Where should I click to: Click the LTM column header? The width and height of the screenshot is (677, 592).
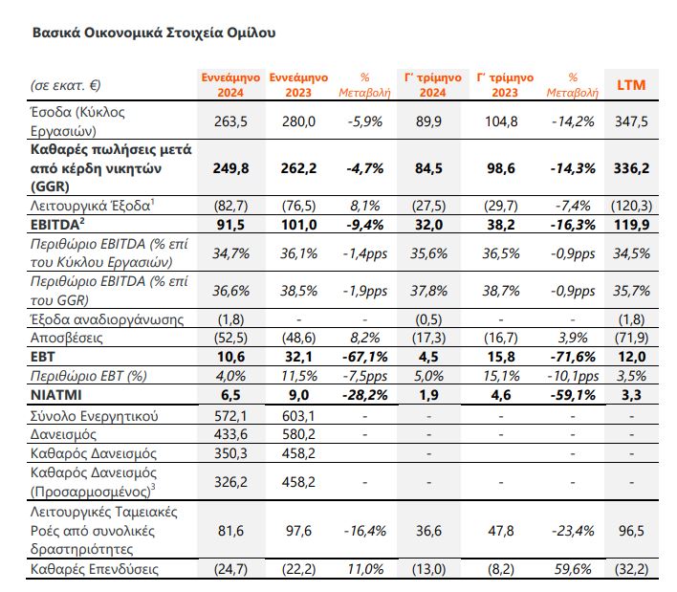coord(631,85)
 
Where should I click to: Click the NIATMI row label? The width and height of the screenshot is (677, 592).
coord(56,395)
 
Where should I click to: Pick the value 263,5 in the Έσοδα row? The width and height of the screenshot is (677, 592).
coord(230,121)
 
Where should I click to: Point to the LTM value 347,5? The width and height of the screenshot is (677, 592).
coord(631,121)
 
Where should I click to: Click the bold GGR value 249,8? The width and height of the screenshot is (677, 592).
coord(230,168)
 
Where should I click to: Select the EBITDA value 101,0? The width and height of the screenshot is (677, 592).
coord(298,225)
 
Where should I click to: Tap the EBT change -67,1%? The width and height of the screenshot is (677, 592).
coord(365,357)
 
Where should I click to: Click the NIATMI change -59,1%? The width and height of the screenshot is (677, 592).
coord(573,395)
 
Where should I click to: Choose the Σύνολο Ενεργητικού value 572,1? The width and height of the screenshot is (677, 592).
coord(230,416)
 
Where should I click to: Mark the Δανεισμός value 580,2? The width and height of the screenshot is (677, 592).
coord(298,434)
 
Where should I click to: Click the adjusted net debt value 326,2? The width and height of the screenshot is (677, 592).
coord(230,481)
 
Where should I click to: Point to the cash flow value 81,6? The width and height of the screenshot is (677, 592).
coord(230,530)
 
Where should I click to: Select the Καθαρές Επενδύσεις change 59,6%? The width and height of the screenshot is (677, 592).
coord(573,569)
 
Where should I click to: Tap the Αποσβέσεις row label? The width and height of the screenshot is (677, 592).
coord(67,338)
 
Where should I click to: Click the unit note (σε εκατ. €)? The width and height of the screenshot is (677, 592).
coord(66,85)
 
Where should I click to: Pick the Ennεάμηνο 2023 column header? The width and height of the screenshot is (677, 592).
coord(298,85)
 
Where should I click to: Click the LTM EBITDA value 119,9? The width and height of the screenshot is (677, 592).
coord(631,225)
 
